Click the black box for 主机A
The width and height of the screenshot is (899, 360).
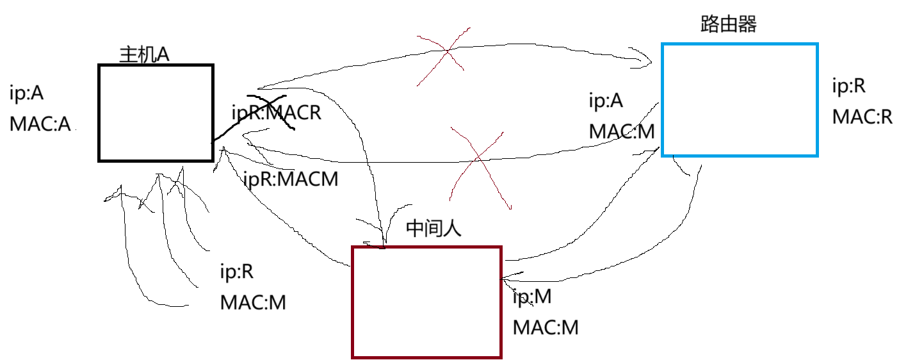coord(156,113)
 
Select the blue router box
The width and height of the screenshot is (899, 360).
coord(740,100)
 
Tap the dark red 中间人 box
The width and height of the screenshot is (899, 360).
coord(427,302)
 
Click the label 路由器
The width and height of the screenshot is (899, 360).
coord(729,25)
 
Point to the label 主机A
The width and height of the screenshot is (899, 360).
coord(144,54)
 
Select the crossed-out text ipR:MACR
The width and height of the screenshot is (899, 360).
coord(276,113)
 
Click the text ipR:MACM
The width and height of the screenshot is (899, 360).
coord(291,179)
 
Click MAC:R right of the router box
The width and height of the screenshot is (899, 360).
coord(862,117)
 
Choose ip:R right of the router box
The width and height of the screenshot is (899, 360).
coord(848,86)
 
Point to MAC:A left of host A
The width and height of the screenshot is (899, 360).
coord(40,124)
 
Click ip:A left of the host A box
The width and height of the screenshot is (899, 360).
coord(27,93)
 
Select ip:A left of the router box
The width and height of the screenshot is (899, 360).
coord(605,101)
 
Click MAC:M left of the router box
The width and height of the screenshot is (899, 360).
coord(622,132)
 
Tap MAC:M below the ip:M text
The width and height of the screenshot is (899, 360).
coord(546,327)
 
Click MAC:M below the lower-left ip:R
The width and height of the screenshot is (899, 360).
coord(253,302)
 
